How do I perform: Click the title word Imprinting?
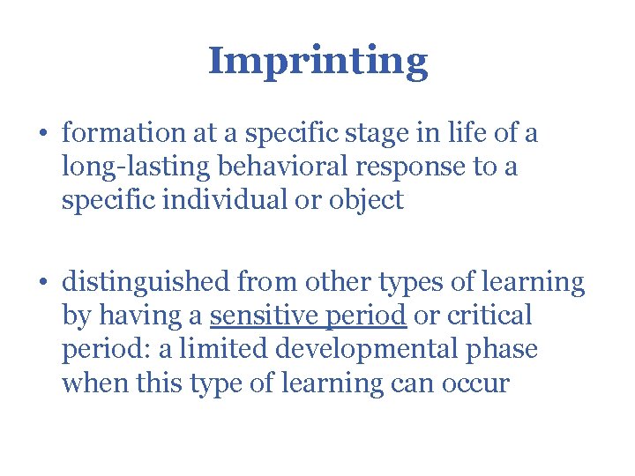tap(317, 61)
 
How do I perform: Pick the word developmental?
tap(362, 349)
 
